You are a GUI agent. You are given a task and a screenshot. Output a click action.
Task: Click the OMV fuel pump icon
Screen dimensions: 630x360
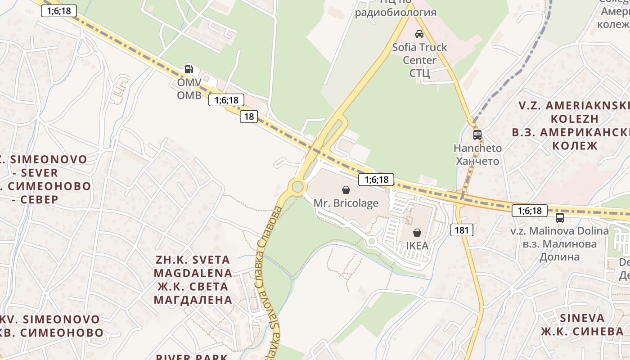point(189,69)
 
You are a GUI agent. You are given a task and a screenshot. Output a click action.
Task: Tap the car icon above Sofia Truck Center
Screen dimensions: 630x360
point(419,34)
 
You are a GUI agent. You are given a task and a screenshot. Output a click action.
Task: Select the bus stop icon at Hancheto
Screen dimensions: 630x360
point(477,135)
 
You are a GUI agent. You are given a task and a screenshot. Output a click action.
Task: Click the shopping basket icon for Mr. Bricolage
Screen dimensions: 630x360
point(346,190)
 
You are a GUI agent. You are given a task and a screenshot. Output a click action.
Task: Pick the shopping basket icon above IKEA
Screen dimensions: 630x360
point(417,233)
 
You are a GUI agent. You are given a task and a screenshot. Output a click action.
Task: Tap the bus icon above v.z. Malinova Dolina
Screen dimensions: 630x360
point(559,218)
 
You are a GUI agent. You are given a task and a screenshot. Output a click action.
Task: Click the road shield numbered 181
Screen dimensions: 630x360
point(462,230)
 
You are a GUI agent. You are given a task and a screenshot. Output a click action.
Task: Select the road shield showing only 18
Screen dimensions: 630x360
point(248,117)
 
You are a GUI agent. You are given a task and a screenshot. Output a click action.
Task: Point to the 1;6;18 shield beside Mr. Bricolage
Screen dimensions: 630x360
point(376,180)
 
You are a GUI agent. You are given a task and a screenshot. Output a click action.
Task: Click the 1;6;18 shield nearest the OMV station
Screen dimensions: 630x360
point(226,100)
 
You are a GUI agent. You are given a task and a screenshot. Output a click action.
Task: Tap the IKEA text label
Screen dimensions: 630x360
point(417,246)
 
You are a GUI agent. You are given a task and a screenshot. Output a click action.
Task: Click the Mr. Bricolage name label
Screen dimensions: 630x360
point(346,203)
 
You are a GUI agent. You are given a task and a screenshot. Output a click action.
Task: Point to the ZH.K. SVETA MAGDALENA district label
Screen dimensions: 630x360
point(193,279)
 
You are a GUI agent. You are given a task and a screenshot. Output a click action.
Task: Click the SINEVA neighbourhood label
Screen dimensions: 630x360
point(582,324)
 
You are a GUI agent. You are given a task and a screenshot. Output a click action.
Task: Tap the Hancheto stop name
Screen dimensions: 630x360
point(477,154)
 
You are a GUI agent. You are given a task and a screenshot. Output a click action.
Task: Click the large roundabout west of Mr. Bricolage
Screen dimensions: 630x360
point(297,186)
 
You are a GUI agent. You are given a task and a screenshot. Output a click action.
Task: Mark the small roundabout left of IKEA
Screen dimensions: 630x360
point(371,242)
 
